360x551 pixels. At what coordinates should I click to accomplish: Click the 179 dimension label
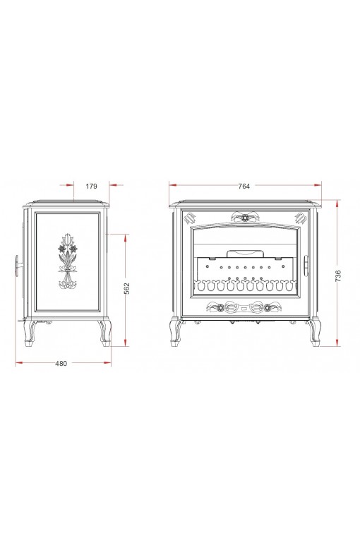[x=91, y=186]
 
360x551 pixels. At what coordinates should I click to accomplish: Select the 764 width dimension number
[x=244, y=186]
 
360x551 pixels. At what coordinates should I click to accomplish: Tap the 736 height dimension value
[x=338, y=275]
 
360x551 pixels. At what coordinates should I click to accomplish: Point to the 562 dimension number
[x=127, y=288]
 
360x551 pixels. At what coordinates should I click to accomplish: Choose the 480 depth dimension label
[x=61, y=364]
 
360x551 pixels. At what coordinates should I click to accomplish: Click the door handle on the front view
[x=306, y=266]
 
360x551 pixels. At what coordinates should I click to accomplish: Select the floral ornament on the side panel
[x=68, y=261]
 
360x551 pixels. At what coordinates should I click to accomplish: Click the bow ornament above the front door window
[x=244, y=217]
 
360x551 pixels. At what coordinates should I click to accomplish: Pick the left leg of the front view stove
[x=175, y=332]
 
